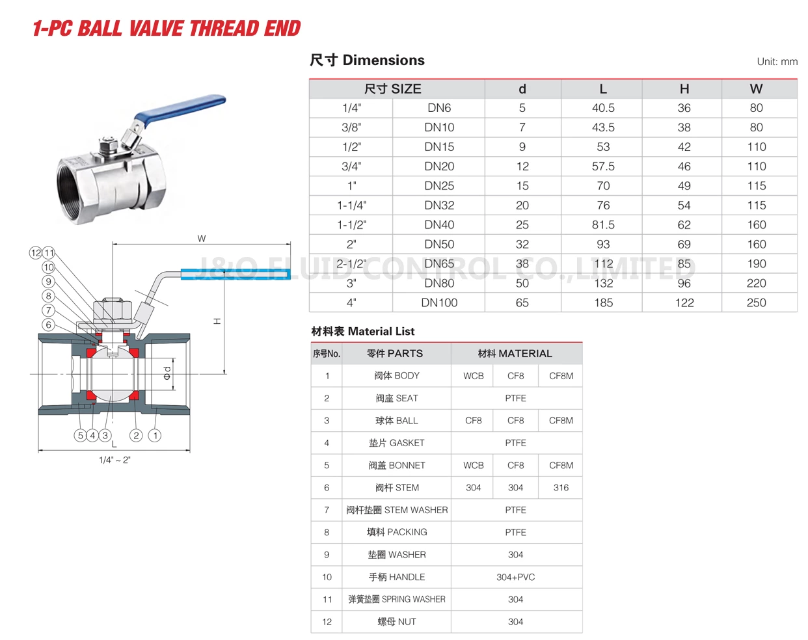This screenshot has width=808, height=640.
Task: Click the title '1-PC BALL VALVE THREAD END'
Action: click(x=167, y=29)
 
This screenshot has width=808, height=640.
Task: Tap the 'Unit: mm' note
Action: click(x=777, y=62)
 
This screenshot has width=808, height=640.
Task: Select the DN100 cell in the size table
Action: click(x=439, y=302)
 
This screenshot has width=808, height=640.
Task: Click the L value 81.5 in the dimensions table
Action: click(x=603, y=224)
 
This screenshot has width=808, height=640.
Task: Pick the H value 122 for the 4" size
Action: click(x=684, y=302)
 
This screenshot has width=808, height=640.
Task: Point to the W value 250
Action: click(x=756, y=302)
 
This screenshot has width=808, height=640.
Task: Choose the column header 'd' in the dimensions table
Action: click(x=522, y=89)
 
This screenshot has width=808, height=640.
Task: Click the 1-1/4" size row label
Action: click(x=351, y=205)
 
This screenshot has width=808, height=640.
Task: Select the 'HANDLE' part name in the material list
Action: click(x=396, y=577)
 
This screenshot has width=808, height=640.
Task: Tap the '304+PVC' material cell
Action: click(x=515, y=577)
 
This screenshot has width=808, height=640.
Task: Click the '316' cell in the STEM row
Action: click(x=561, y=487)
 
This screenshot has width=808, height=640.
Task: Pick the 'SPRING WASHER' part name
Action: click(x=396, y=599)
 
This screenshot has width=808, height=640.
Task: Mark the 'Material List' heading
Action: click(x=363, y=331)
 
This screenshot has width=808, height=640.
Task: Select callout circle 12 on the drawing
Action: click(x=36, y=252)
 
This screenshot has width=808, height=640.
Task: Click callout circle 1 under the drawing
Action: click(x=155, y=435)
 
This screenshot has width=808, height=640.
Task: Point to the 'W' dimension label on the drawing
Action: click(x=202, y=239)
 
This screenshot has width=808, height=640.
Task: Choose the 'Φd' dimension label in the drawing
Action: click(x=167, y=373)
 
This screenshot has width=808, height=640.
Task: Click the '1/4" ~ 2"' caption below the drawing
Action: click(x=114, y=460)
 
